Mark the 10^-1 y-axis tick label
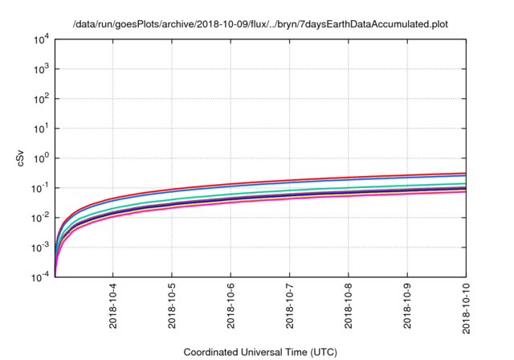pyautogui.click(x=40, y=188)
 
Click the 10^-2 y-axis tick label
pyautogui.click(x=40, y=218)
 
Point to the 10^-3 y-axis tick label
pyautogui.click(x=40, y=247)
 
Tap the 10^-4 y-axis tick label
pyautogui.click(x=40, y=277)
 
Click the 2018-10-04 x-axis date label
pyautogui.click(x=112, y=309)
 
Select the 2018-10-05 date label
pyautogui.click(x=172, y=309)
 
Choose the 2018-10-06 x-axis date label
pyautogui.click(x=231, y=309)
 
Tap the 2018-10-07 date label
pyautogui.click(x=290, y=309)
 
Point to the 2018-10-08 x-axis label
pyautogui.click(x=349, y=309)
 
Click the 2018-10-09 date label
pyautogui.click(x=408, y=309)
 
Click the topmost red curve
pyautogui.click(x=321, y=179)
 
